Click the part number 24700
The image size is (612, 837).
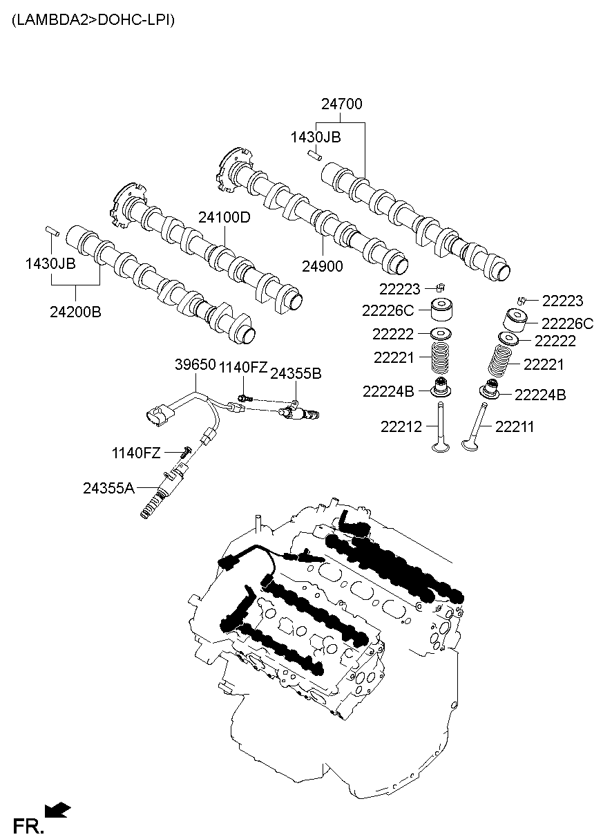click(x=341, y=104)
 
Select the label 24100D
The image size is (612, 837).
click(x=224, y=217)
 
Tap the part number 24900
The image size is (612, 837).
click(x=323, y=265)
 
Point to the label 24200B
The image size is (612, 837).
click(x=75, y=312)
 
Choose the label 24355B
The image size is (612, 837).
click(x=295, y=373)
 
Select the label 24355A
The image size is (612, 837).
click(x=108, y=488)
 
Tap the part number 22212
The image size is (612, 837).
click(x=401, y=427)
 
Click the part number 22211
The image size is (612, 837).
click(x=515, y=427)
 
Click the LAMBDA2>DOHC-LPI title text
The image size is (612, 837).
click(x=93, y=20)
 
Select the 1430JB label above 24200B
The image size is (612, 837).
click(x=50, y=263)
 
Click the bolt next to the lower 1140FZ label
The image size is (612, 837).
click(x=185, y=453)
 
